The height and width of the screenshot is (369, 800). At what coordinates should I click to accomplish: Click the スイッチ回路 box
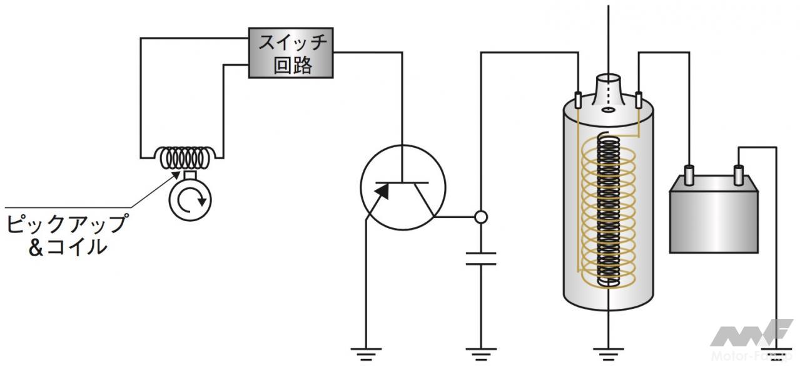point(291,53)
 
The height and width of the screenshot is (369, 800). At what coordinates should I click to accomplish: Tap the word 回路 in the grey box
point(292,65)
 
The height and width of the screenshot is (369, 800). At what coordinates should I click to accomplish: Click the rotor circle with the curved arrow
point(190,200)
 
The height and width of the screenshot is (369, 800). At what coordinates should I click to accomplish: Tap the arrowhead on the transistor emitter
point(382,191)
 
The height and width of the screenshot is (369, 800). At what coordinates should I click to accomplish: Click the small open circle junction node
point(481,217)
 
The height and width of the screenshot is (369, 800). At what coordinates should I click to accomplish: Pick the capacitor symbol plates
point(481,259)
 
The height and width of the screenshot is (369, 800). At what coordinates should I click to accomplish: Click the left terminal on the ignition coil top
point(579,99)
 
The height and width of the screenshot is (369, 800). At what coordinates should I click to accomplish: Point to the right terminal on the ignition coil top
point(638,99)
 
